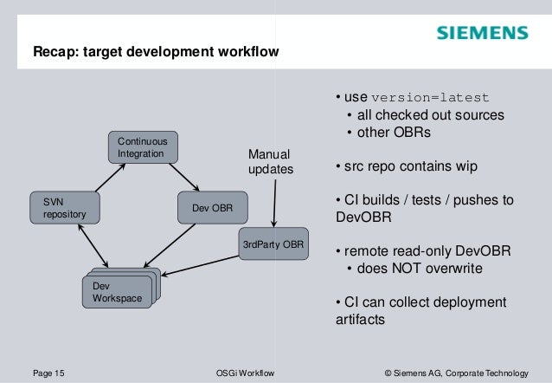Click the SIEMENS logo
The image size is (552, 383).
[x=482, y=34]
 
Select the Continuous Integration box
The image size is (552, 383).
[x=143, y=146]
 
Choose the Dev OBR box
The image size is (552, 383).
[x=212, y=207]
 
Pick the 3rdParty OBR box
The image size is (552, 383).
[x=273, y=243]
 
